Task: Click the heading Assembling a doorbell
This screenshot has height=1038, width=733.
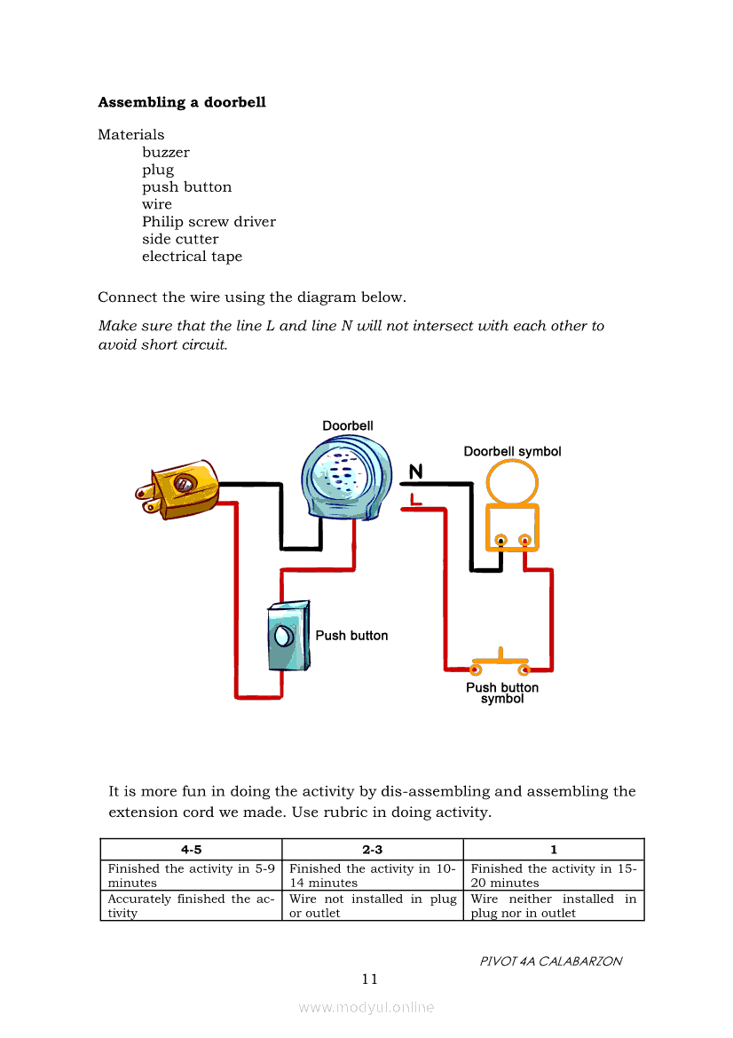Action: [x=181, y=102]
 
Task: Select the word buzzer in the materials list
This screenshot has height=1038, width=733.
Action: [x=165, y=153]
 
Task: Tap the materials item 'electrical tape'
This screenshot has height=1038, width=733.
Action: [x=192, y=257]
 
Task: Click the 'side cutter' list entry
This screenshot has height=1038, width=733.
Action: [x=180, y=239]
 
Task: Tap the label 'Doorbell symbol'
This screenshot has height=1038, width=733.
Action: [x=512, y=452]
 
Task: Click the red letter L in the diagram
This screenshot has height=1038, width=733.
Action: [x=415, y=501]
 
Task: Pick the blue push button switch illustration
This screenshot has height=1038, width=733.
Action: [x=288, y=636]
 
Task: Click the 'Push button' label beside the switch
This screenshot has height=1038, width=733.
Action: [x=351, y=636]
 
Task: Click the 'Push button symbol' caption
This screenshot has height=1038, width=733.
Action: [x=502, y=693]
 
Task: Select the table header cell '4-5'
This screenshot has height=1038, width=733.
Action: [x=191, y=850]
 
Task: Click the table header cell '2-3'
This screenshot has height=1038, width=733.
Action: [x=372, y=850]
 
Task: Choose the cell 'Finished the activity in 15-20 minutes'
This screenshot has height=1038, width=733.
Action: [x=554, y=876]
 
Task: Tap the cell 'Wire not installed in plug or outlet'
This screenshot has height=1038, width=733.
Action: [x=373, y=906]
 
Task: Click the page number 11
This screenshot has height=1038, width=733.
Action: [x=370, y=979]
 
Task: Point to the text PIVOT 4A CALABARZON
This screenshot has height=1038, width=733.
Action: [x=550, y=962]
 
